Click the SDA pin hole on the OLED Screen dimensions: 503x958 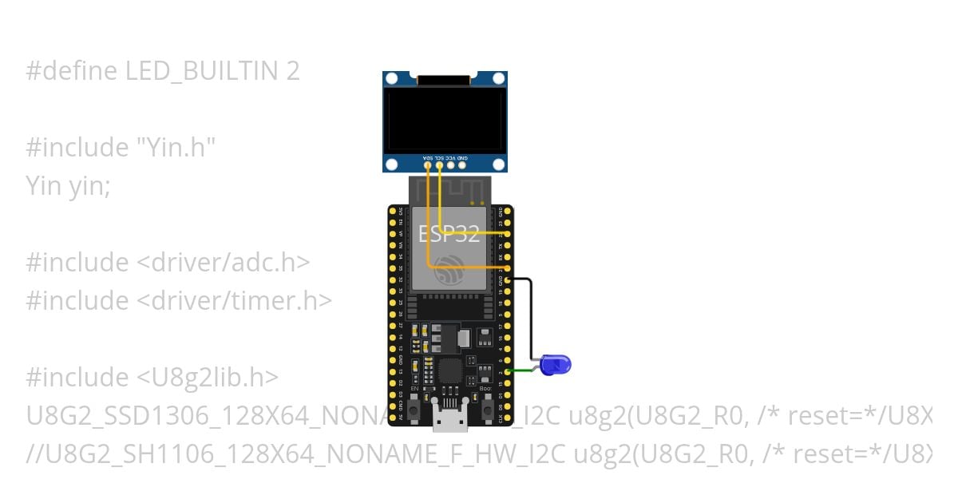click(x=428, y=166)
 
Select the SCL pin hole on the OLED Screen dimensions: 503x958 click(x=440, y=166)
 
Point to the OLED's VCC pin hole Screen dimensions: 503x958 click(x=451, y=166)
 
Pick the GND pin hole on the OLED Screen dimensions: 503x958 click(x=463, y=166)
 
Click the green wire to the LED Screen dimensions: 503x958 click(x=523, y=370)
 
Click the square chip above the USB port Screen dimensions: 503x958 click(x=450, y=370)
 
